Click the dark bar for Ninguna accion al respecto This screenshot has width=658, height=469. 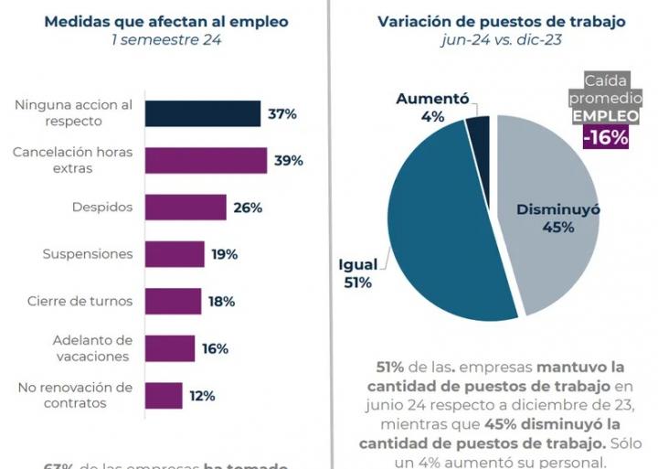[202, 113]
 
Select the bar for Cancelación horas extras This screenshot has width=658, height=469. [206, 161]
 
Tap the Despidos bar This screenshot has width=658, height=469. [186, 208]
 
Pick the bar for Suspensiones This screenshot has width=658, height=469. [175, 254]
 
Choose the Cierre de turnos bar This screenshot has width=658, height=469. [173, 301]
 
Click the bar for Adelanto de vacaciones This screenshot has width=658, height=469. [170, 348]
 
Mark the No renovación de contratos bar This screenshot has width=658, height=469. [164, 395]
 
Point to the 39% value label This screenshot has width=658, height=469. [289, 161]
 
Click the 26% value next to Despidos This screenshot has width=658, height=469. [248, 208]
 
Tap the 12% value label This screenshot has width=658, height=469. [202, 396]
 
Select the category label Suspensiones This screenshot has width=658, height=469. [88, 254]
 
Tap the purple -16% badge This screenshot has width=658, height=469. [606, 137]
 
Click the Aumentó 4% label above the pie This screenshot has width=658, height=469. [432, 107]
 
